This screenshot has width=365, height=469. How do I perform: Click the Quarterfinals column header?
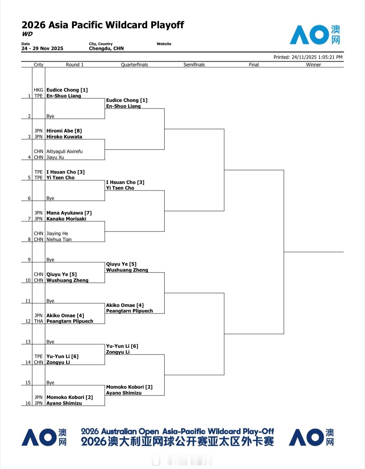point(134,65)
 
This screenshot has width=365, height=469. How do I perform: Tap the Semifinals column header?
point(194,65)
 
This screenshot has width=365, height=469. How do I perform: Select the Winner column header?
point(313,65)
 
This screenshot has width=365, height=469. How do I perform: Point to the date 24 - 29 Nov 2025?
point(42,48)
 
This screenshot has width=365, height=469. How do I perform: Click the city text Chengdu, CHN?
point(106,48)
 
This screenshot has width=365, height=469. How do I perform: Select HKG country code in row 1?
point(38,90)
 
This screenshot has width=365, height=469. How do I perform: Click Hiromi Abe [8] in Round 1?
point(64,131)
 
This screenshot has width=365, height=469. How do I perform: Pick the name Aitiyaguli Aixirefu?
point(64,151)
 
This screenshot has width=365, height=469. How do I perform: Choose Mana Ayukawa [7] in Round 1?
point(69,213)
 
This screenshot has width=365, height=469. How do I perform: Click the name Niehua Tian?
point(59,239)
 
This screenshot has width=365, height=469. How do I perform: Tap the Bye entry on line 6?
point(50,198)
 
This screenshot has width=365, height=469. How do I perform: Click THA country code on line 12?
point(38,321)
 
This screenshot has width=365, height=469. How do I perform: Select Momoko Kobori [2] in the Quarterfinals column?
point(129,387)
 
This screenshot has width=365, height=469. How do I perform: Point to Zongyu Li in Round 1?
point(58,362)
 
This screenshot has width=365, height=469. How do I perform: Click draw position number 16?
point(28,403)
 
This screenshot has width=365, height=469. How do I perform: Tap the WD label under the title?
point(27,34)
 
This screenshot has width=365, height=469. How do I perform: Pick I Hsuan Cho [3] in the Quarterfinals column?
point(125,182)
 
